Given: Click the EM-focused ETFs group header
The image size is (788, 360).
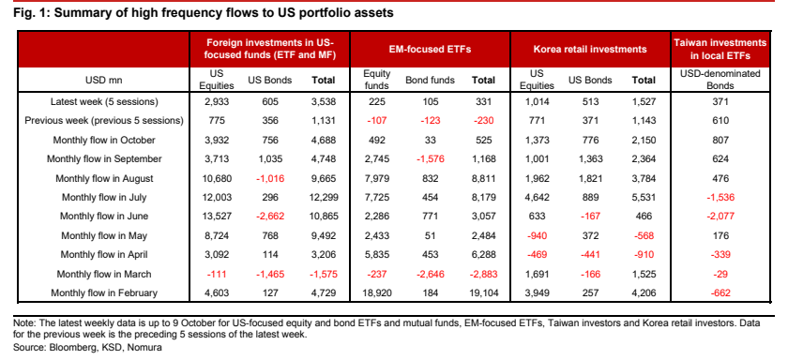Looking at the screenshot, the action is point(431,50).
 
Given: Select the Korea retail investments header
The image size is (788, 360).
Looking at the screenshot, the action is point(590,50).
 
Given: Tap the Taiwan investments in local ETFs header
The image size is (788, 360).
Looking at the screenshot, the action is point(720,49).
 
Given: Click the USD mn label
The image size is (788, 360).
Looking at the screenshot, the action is point(104,81).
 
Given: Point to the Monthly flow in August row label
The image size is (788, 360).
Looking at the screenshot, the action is point(104,178).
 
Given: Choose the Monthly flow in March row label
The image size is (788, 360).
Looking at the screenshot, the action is point(104,274).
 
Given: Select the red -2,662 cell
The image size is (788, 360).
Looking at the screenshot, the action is point(269,217).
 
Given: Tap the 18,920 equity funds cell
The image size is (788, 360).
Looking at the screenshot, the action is point(374,293).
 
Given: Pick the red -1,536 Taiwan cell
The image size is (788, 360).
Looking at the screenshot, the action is point(720,197).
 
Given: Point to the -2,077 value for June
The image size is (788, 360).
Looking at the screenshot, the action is point(720,217).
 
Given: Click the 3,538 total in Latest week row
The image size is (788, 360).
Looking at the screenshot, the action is point(323,102).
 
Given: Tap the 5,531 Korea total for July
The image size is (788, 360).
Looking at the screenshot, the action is point(644,197).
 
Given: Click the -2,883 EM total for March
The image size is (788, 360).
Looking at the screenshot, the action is point(482,274).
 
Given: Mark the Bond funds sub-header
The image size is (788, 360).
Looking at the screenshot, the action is point(430,81).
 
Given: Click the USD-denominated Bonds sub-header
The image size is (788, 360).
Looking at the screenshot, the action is point(720,80).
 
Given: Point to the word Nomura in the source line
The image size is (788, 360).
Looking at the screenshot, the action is point(148,347).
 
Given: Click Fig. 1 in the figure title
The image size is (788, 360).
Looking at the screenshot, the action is point(30,13).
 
